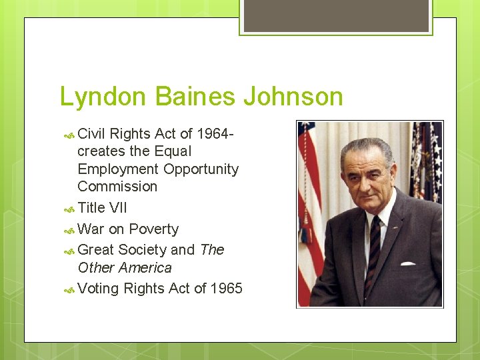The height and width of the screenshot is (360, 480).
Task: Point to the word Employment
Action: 118,169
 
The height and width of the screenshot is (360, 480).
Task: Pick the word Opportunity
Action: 201,169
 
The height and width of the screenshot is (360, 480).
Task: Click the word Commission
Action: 117,187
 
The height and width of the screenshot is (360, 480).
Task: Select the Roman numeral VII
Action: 118,208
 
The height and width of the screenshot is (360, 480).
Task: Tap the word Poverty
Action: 153,229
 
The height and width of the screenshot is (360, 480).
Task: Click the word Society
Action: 142,250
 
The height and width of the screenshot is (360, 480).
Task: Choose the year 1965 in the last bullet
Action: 227,289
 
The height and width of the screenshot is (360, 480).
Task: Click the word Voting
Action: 98,289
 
